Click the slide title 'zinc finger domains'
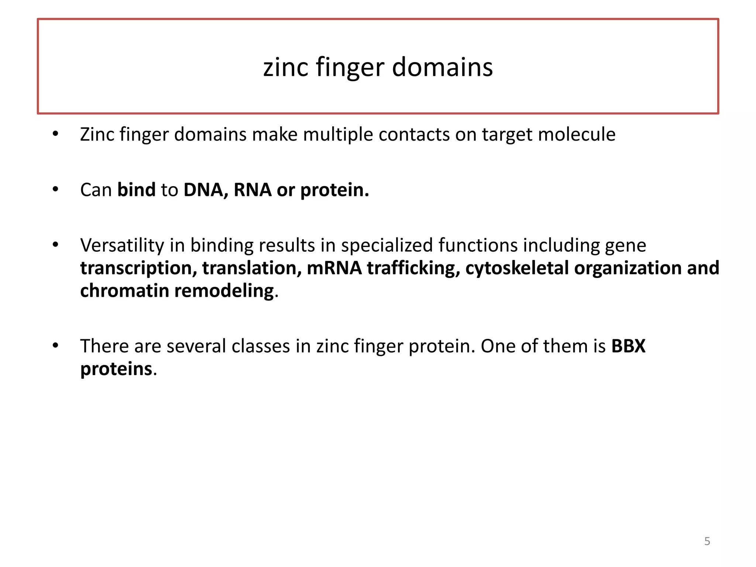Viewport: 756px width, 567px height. pos(378,68)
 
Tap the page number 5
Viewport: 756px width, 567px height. pos(707,541)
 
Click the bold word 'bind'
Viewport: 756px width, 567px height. pos(136,190)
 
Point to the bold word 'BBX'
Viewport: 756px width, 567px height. pos(628,346)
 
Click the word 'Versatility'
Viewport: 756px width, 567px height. pos(122,245)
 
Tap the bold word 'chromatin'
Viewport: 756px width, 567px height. pos(124,291)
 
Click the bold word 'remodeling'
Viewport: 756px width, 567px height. pos(224,291)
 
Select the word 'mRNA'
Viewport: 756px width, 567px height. pos(334,268)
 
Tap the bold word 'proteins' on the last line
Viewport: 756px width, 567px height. pos(116,369)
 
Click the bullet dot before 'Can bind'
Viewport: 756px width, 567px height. pos(55,190)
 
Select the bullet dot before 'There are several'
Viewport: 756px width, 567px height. pos(55,346)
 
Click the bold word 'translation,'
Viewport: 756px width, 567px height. pos(252,268)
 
